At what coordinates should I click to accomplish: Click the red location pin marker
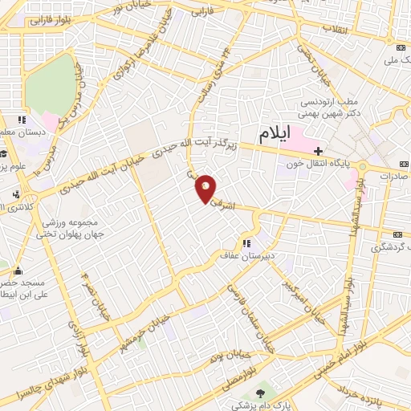[206, 188]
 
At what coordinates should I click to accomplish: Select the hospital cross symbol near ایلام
[319, 151]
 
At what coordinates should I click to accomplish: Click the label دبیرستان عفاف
[248, 257]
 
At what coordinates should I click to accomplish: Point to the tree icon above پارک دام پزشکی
[260, 393]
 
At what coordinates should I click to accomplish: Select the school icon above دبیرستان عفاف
[247, 243]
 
